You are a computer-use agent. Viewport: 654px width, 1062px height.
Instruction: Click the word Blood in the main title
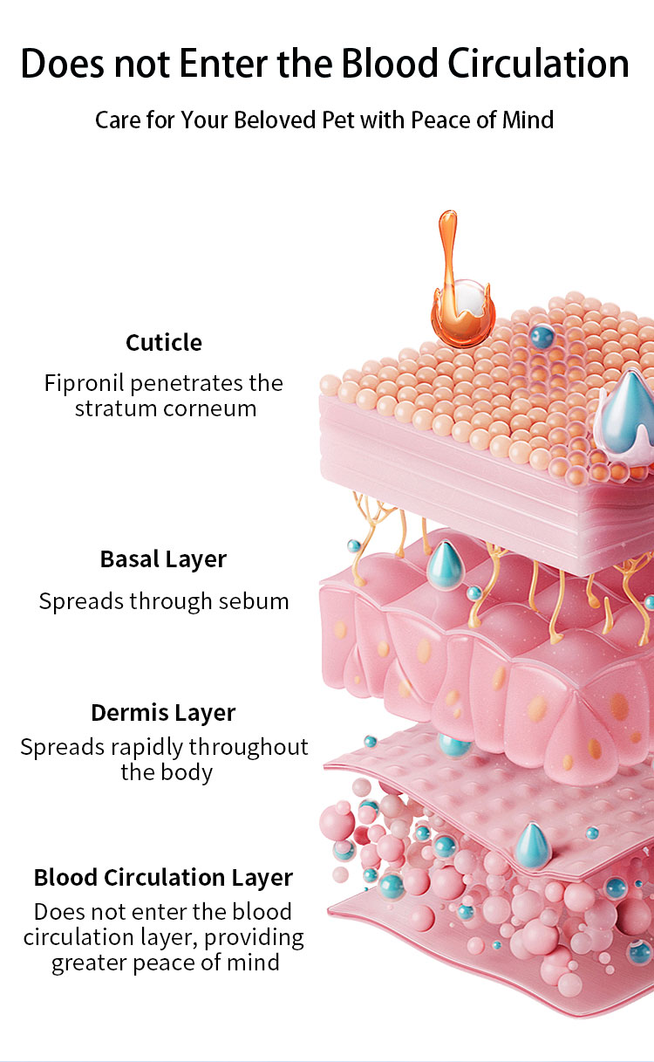click(x=388, y=63)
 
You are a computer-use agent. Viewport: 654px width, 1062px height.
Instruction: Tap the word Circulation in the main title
click(x=538, y=63)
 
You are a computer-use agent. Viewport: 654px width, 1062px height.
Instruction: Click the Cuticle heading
click(x=164, y=342)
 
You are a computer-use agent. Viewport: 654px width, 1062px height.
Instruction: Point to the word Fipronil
click(x=85, y=383)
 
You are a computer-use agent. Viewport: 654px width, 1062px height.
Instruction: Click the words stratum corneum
click(x=166, y=408)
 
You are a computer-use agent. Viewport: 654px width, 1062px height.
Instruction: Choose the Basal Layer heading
click(x=164, y=558)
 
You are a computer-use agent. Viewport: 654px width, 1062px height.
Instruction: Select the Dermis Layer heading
click(x=164, y=712)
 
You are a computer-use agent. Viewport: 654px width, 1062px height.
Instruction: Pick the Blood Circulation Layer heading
click(x=164, y=877)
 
